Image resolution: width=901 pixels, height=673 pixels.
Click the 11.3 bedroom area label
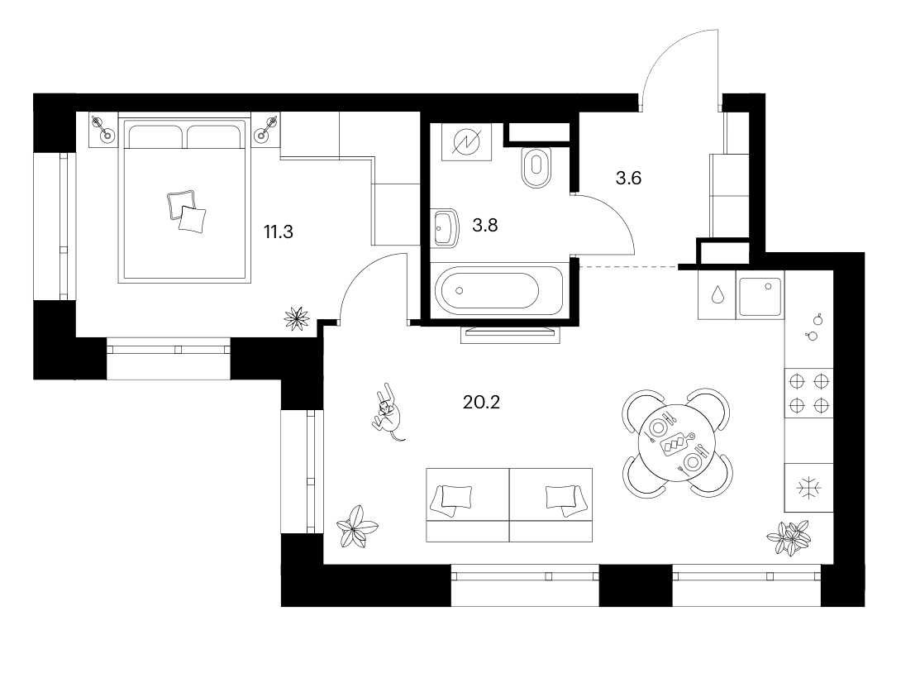tap(278, 231)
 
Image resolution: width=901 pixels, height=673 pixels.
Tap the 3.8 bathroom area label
tap(484, 225)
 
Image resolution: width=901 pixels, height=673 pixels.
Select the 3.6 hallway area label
tap(628, 178)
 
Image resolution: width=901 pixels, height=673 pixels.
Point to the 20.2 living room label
tap(482, 402)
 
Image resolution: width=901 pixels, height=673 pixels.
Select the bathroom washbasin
tap(446, 227)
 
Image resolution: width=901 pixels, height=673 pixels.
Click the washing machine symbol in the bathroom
tap(466, 142)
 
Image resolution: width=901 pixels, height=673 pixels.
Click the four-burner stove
tap(808, 393)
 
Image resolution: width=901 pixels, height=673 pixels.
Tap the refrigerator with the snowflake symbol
tap(808, 487)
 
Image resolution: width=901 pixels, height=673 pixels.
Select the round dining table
tap(677, 442)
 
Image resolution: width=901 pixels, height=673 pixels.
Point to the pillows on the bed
tap(187, 212)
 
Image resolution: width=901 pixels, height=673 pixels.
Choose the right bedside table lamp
tap(267, 129)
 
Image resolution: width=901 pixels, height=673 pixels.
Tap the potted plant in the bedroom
tap(297, 318)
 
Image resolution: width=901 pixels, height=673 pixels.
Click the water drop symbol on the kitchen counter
tap(717, 295)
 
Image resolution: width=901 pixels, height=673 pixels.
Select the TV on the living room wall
tap(510, 333)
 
